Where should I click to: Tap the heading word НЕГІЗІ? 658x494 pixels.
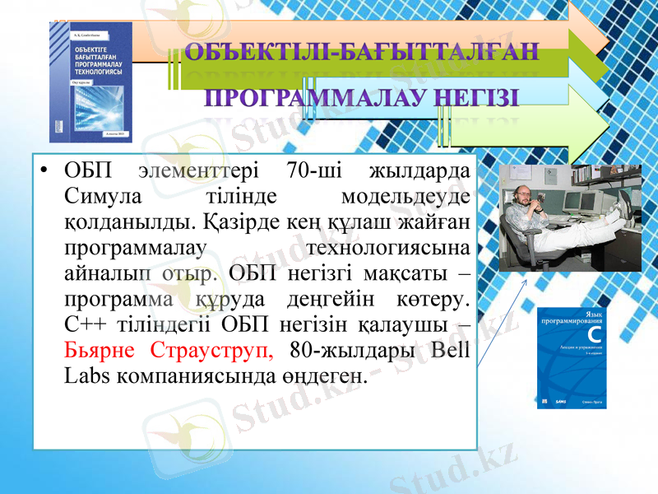(x=476, y=99)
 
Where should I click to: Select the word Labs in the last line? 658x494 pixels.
(x=83, y=373)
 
